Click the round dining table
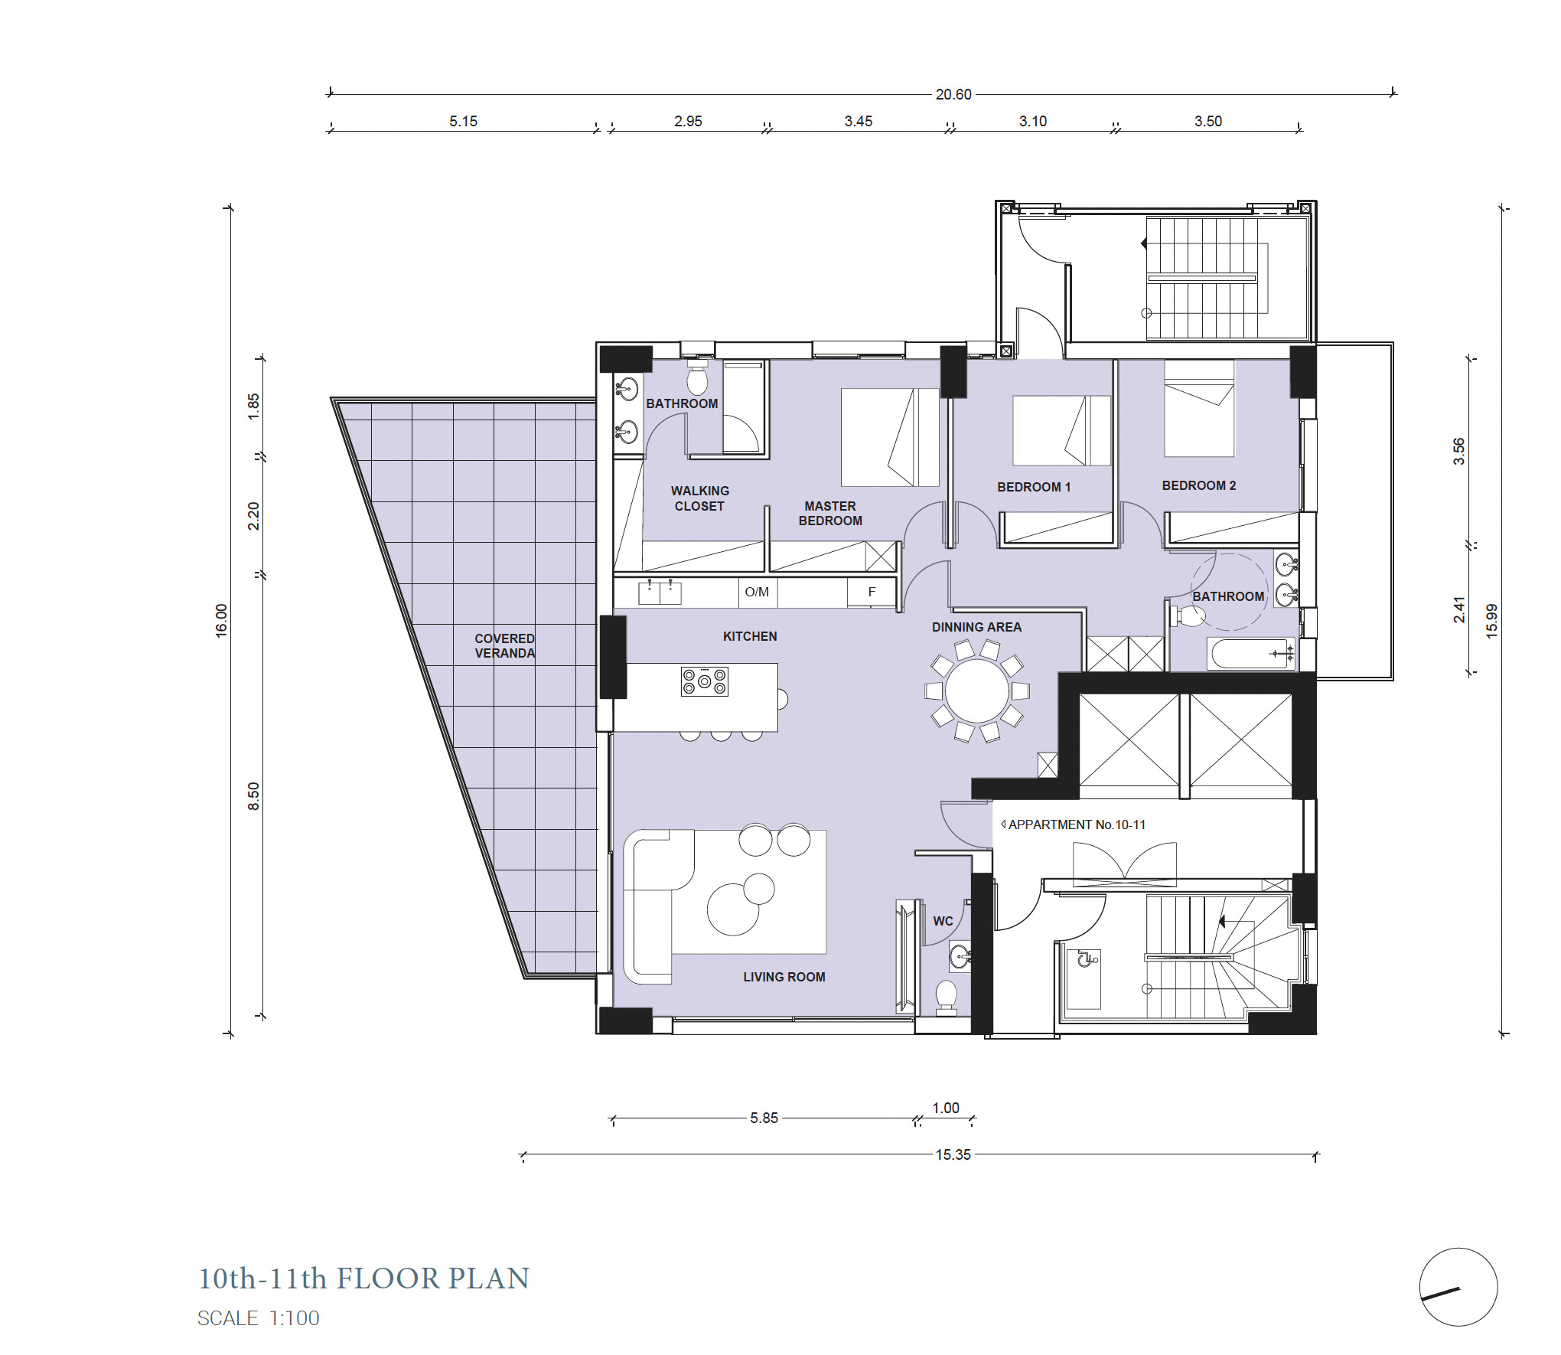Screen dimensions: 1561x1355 (x=976, y=691)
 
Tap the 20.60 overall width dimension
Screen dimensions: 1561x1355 (x=953, y=94)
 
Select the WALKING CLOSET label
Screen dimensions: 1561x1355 (x=699, y=498)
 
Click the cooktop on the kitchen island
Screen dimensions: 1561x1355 (x=704, y=681)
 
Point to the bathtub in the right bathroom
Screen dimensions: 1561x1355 (x=1250, y=654)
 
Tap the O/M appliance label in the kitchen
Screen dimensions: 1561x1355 (x=756, y=592)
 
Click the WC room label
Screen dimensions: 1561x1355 (x=943, y=921)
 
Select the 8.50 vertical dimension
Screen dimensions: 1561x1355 (x=253, y=796)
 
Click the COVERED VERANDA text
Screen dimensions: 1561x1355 (x=504, y=645)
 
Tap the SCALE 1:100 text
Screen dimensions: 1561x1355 (x=258, y=1317)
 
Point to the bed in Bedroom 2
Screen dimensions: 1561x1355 (x=1198, y=409)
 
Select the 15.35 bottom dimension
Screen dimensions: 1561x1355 (x=953, y=1154)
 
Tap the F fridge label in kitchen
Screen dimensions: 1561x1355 (x=872, y=592)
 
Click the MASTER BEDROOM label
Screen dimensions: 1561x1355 (x=830, y=513)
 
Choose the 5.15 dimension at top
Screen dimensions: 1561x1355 (x=463, y=121)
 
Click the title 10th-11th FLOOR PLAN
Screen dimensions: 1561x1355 (x=363, y=1278)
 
